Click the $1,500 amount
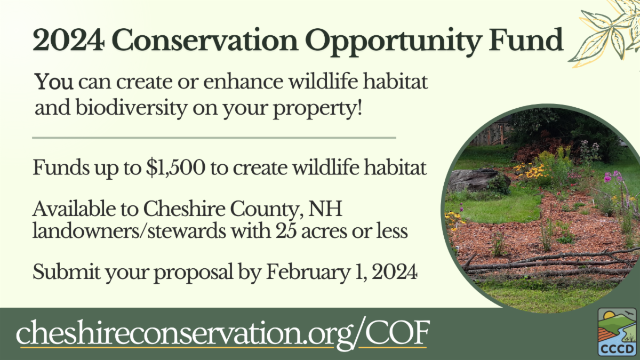(x=175, y=167)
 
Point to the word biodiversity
(x=131, y=108)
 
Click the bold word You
(x=54, y=82)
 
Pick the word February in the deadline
(x=309, y=273)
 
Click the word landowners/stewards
(x=129, y=231)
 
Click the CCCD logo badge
(x=617, y=332)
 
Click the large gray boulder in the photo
(x=477, y=180)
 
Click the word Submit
(x=66, y=271)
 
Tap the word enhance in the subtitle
(x=243, y=82)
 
